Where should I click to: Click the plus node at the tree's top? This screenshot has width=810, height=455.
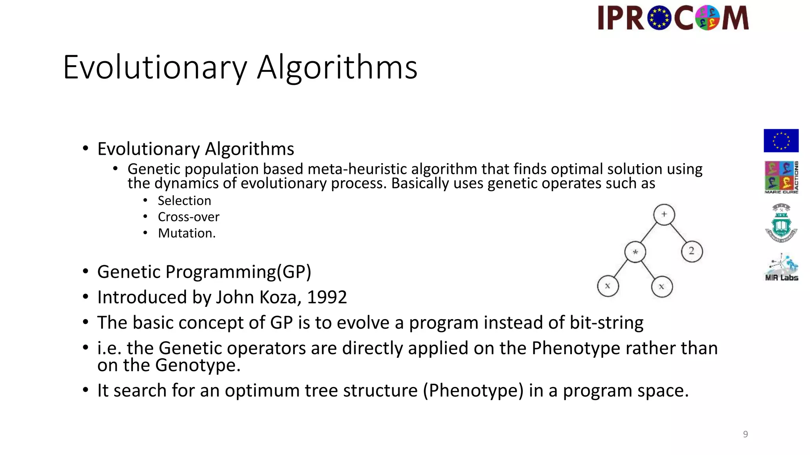coord(664,214)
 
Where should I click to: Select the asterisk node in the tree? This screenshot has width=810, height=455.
coord(635,252)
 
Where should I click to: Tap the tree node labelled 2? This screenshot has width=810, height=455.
coord(692,251)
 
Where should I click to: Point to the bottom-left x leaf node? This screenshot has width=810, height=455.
coord(607,286)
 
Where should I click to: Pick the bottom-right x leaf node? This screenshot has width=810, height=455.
coord(662,287)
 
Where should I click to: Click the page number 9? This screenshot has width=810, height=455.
coord(745,434)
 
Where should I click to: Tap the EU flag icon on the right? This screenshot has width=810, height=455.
coord(781,141)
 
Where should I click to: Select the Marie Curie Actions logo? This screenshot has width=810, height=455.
coord(781,177)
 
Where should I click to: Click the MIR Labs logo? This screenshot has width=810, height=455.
coord(781,268)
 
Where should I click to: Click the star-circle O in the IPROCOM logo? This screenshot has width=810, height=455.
coord(659,18)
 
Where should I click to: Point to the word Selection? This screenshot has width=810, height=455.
coord(184,201)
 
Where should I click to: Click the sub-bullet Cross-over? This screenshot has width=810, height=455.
coord(188,217)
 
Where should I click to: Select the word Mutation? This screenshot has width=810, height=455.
coord(187,233)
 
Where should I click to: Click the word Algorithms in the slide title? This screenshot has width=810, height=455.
coord(337,68)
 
